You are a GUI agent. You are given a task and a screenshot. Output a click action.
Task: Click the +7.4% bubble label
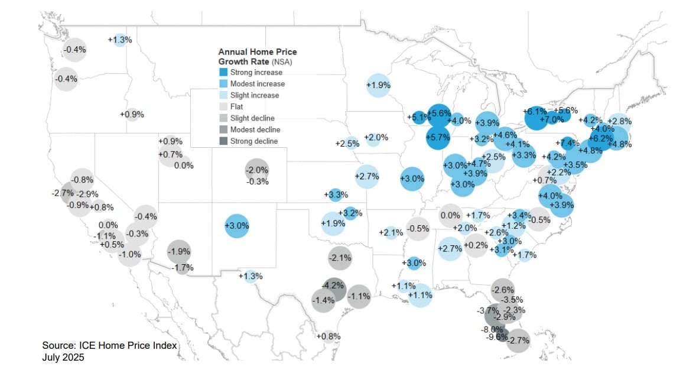567,142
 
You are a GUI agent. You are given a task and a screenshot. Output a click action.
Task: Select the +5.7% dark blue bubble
438,137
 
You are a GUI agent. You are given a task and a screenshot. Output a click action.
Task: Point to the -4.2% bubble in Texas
334,286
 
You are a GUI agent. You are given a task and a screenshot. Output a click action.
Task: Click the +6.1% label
535,111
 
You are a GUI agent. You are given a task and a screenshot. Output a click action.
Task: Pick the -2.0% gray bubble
257,170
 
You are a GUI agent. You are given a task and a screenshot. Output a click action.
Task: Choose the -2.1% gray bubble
340,258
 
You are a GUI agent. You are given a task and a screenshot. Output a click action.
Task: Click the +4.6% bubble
505,135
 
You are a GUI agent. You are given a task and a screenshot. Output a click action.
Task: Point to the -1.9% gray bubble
178,251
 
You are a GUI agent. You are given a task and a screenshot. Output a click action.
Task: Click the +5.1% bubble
419,117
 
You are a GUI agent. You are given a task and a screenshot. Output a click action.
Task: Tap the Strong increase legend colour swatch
223,72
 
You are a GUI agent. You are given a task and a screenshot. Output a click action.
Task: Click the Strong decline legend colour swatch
223,141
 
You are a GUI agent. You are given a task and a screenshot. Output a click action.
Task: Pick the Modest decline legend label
255,129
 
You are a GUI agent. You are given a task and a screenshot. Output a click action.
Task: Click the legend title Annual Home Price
258,52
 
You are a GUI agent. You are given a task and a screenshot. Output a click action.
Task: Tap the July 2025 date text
63,358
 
